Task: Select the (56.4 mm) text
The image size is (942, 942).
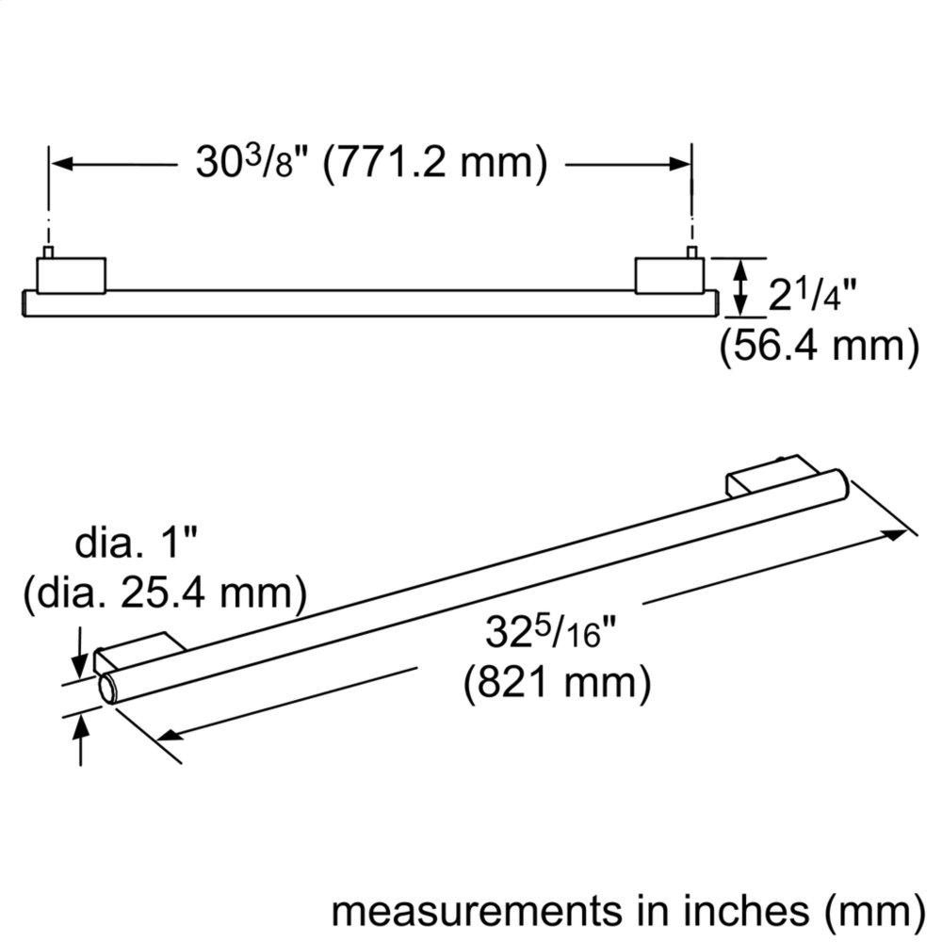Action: click(819, 345)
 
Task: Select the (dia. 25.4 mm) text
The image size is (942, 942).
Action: click(166, 593)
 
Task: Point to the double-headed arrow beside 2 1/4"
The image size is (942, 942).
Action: click(741, 286)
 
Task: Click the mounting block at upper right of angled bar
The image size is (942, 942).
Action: click(754, 478)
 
